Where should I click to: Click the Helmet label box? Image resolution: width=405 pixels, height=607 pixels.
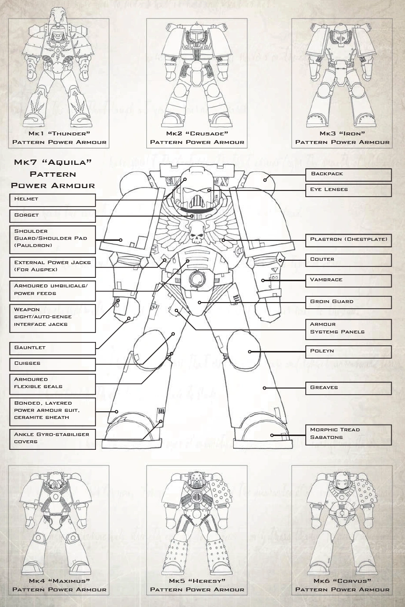click(52, 199)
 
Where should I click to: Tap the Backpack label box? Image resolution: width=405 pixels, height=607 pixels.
click(348, 174)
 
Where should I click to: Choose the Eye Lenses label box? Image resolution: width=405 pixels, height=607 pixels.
click(348, 190)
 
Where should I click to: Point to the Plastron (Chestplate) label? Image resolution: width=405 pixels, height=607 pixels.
click(348, 240)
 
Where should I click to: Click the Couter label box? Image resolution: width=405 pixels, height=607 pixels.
click(348, 260)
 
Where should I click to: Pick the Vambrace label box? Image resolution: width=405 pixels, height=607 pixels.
click(348, 280)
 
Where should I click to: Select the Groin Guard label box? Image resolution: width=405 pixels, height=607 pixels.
click(348, 302)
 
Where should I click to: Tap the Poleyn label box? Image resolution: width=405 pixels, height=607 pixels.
click(348, 351)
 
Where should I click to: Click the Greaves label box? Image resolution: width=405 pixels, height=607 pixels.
click(348, 388)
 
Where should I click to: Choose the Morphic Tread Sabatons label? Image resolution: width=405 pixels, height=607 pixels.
click(348, 434)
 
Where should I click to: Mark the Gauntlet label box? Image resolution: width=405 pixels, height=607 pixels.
click(52, 348)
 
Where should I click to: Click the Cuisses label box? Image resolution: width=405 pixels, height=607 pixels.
click(52, 364)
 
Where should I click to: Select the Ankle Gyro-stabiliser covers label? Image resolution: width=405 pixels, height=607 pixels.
click(52, 438)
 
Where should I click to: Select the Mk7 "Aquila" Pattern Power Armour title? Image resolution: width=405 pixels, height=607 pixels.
click(53, 173)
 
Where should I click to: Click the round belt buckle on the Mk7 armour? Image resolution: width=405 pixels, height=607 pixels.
click(196, 278)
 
